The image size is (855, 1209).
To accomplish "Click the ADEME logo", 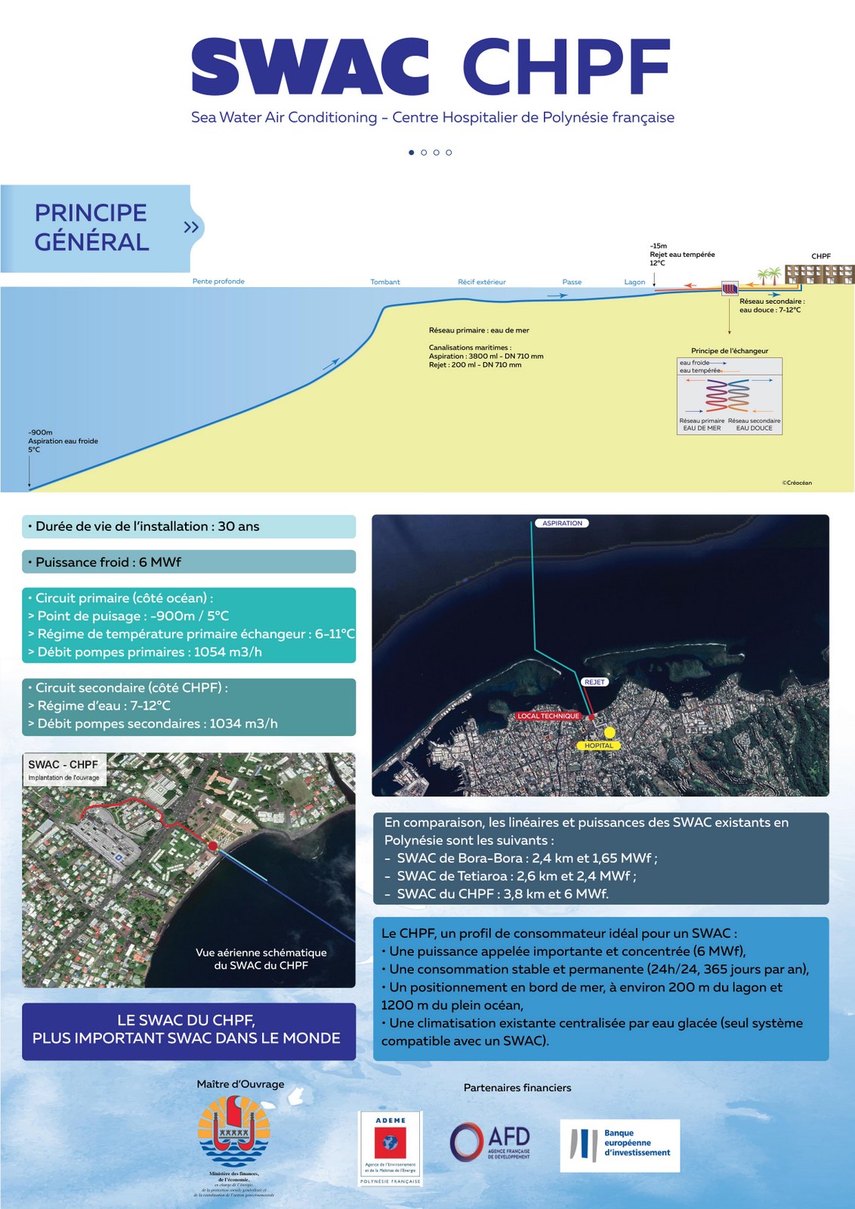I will click(390, 1148).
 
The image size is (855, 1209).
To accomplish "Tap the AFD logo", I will click(490, 1142).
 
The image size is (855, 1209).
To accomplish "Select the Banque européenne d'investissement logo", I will click(619, 1146).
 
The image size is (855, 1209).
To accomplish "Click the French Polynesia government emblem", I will click(234, 1133).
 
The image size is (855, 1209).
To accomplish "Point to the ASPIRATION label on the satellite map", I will click(562, 523).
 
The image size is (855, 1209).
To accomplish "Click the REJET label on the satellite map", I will click(594, 682).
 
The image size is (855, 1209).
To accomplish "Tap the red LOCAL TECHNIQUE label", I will click(548, 716).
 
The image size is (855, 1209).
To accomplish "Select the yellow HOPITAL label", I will click(599, 746).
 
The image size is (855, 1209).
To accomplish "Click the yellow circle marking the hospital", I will click(610, 732).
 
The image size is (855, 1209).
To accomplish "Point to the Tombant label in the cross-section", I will click(385, 282).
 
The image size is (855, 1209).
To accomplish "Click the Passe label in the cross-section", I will click(572, 282).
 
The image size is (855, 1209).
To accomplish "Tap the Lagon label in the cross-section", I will click(634, 282).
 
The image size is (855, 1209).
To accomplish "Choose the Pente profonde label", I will click(218, 281).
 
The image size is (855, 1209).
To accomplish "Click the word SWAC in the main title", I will click(310, 67).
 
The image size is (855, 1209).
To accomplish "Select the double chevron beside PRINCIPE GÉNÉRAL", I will click(192, 227).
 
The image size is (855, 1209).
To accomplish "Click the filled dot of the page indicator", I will click(412, 153).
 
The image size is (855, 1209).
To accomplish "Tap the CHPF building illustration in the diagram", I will click(820, 274).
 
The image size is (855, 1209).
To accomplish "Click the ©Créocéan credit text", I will click(797, 483).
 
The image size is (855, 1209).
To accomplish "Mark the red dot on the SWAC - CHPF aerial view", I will click(213, 846).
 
